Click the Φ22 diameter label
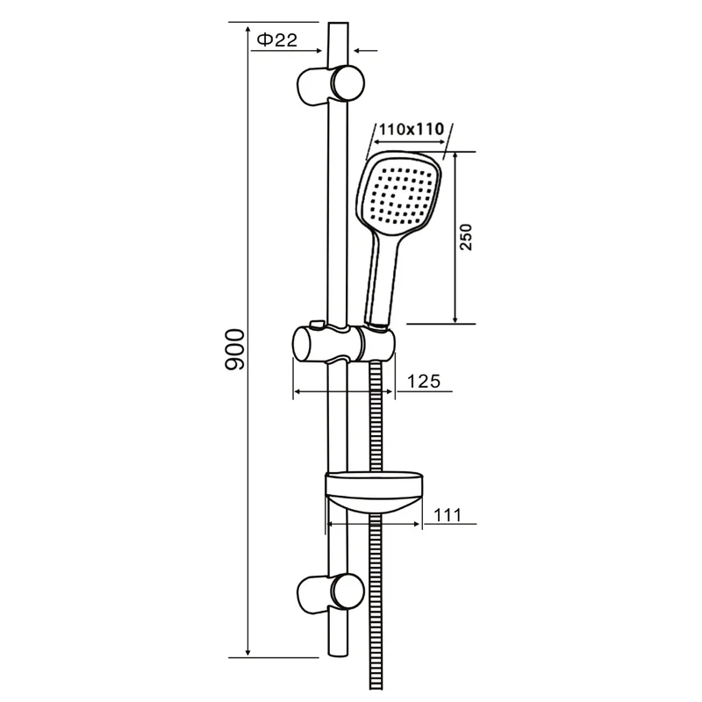point(276,40)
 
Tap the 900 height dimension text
point(234,349)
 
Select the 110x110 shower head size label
point(411,129)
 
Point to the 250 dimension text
point(466,237)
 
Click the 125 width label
point(424,381)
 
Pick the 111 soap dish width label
point(448,515)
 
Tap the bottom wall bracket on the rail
point(331,594)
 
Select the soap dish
point(375,491)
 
